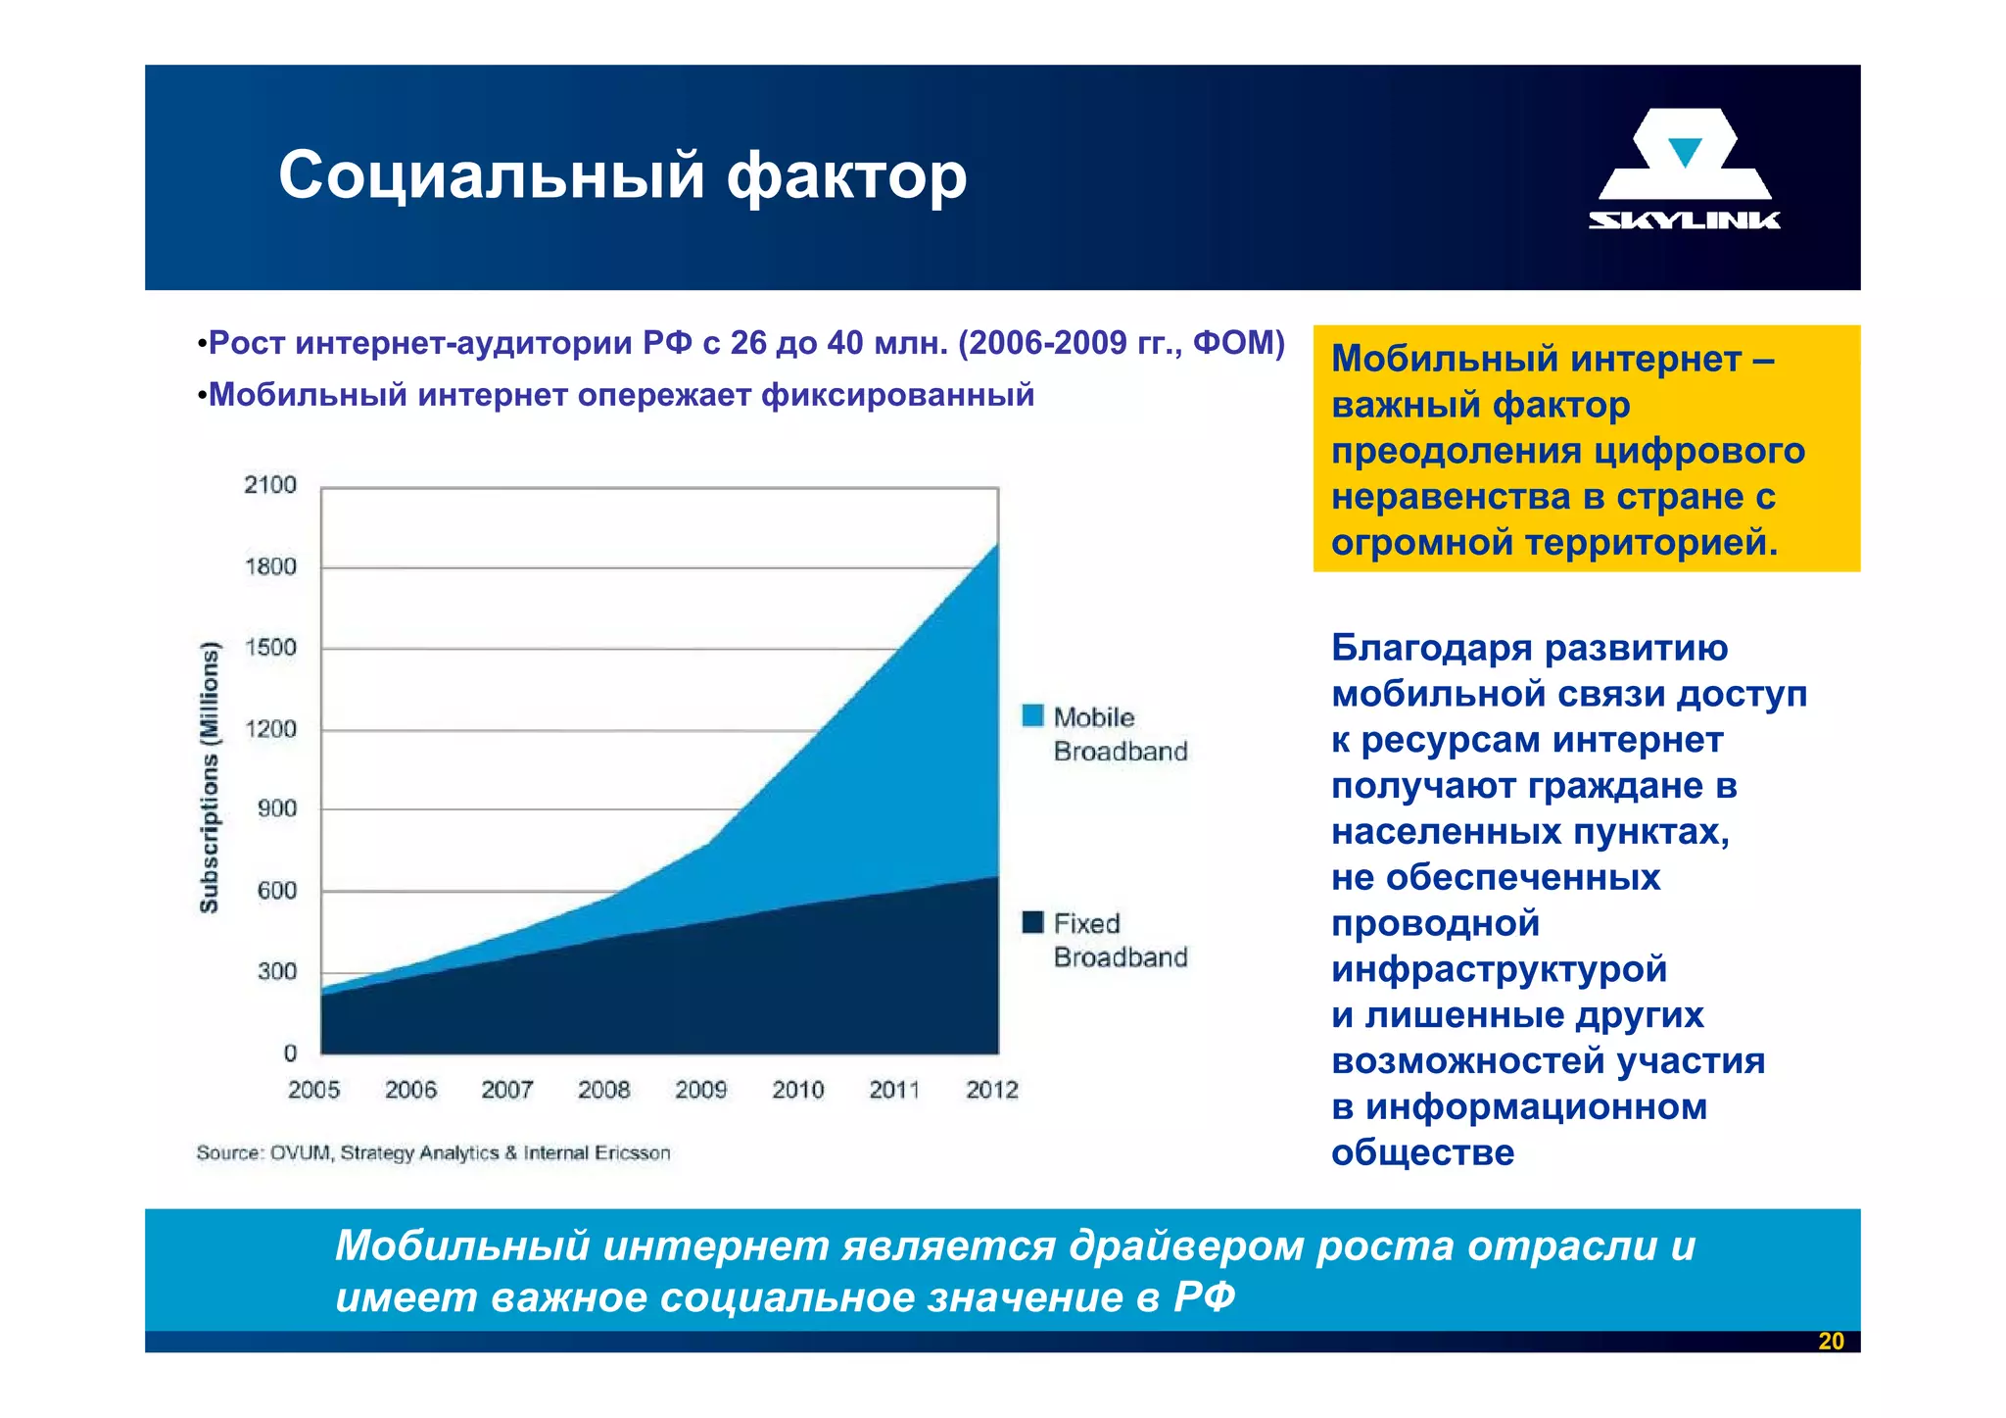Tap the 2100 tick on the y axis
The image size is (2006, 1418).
coord(270,485)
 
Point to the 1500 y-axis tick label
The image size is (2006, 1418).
coord(270,648)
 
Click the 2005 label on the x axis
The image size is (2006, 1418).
coord(313,1090)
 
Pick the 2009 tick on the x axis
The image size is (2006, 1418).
coord(700,1090)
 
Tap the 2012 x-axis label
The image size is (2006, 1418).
coord(992,1090)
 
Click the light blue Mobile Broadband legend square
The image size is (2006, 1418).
coord(1032,715)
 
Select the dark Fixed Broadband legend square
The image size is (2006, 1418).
coord(1032,922)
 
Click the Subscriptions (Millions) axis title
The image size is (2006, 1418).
coord(210,776)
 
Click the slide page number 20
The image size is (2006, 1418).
coord(1831,1342)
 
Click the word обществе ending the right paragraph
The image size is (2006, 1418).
coord(1422,1152)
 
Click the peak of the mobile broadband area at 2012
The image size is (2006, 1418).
coord(996,545)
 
